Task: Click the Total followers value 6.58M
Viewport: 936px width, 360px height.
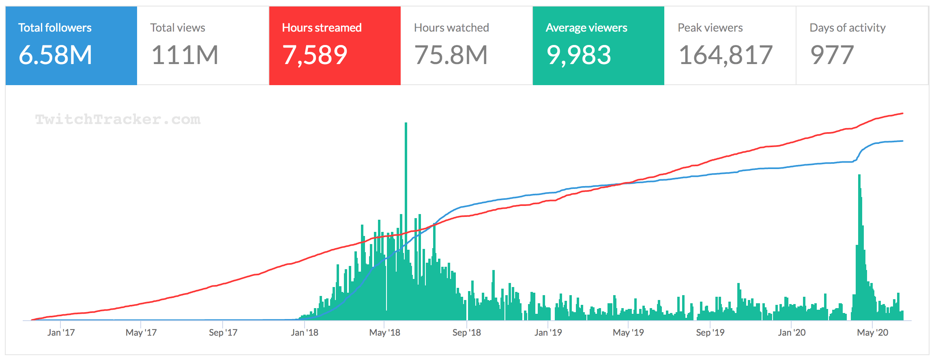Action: click(56, 55)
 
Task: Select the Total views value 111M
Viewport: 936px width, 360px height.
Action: click(185, 55)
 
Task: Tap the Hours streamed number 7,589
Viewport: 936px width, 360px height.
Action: click(315, 55)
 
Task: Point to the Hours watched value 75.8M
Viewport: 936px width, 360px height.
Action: click(451, 55)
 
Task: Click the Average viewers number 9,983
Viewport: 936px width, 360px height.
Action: click(579, 55)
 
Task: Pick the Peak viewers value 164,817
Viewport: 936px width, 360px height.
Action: click(726, 55)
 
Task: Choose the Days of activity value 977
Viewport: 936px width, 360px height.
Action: click(832, 55)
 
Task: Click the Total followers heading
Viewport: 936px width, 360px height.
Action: click(55, 28)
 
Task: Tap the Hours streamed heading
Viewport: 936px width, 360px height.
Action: click(322, 28)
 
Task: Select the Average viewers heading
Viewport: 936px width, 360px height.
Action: click(586, 28)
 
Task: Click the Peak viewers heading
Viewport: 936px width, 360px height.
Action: click(710, 28)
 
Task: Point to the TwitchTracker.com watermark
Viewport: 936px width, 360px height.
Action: click(118, 119)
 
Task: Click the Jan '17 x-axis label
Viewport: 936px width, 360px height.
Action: click(61, 333)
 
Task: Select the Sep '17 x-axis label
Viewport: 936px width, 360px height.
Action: click(223, 333)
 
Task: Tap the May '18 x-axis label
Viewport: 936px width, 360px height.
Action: click(384, 333)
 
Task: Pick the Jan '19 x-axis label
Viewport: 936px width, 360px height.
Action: click(548, 333)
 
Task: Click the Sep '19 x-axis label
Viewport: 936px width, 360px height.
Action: click(710, 333)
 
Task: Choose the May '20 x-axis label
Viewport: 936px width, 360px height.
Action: click(872, 333)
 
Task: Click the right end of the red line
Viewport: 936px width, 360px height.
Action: click(902, 114)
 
